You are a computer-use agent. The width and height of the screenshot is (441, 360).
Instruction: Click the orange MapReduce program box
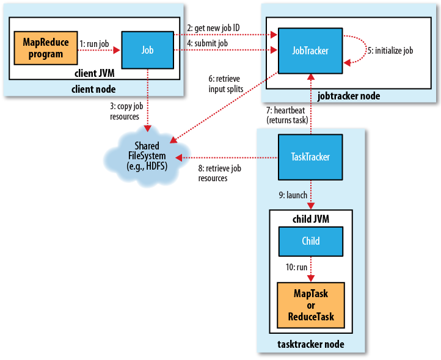pos(46,48)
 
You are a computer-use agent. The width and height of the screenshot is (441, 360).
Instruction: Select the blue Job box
pos(148,50)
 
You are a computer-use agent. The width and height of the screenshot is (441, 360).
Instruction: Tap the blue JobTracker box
pos(310,51)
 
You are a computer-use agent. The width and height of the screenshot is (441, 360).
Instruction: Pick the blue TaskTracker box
pos(310,157)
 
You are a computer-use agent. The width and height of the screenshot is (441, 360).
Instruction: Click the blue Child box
pos(311,242)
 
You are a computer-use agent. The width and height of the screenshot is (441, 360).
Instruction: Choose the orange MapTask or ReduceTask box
pos(311,305)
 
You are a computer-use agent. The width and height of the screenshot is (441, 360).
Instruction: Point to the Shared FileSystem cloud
pos(147,156)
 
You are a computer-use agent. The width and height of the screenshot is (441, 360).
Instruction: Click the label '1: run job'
pos(94,44)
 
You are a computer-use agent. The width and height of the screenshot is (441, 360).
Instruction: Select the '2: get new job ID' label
pos(213,28)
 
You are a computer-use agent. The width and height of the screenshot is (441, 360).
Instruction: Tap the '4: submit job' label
pos(208,43)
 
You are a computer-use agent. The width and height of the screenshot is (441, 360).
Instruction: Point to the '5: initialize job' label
pos(390,51)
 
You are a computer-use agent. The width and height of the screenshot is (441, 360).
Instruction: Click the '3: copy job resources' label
pos(126,111)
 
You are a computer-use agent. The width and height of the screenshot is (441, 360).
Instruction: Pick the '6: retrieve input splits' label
pos(226,84)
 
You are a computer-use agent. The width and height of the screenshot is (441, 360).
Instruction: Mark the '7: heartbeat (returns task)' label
pos(287,115)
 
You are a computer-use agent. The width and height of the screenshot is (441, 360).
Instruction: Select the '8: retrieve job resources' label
pos(220,173)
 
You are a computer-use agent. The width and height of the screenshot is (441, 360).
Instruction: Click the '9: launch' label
pos(293,195)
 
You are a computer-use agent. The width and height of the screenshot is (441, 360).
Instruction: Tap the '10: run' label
pos(296,267)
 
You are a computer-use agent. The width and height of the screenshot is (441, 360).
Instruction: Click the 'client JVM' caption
pos(95,73)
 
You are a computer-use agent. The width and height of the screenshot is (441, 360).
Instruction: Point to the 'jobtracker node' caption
pos(349,96)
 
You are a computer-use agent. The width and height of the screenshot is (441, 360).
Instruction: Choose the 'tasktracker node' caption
pos(311,344)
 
